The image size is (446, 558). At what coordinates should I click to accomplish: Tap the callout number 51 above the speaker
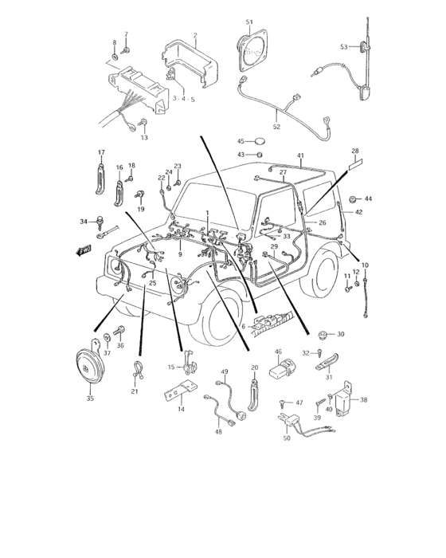pyautogui.click(x=249, y=22)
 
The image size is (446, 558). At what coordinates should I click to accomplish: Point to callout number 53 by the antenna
pyautogui.click(x=344, y=47)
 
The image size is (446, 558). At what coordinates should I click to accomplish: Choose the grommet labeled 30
pyautogui.click(x=323, y=333)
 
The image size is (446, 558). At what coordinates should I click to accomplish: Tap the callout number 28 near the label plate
pyautogui.click(x=354, y=151)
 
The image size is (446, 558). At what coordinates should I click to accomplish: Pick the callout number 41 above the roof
pyautogui.click(x=300, y=155)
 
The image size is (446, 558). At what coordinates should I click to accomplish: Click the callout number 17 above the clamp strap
pyautogui.click(x=101, y=152)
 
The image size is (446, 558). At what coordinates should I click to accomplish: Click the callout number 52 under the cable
pyautogui.click(x=276, y=126)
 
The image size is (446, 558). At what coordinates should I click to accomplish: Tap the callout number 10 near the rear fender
pyautogui.click(x=365, y=264)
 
